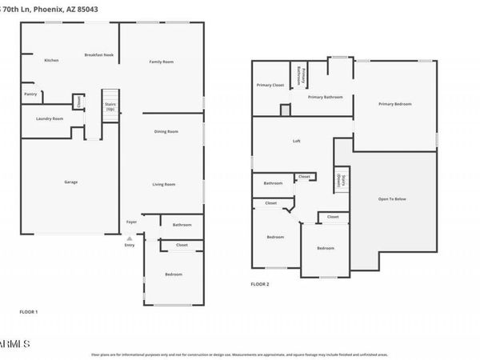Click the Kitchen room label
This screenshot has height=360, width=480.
(51, 61)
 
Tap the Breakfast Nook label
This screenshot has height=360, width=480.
(99, 55)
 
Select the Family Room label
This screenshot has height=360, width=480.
(162, 62)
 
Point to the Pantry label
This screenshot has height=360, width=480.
(30, 94)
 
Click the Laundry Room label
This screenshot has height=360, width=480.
(50, 118)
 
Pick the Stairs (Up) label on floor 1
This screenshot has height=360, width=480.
(110, 106)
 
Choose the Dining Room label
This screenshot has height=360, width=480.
(166, 131)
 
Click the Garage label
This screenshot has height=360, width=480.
(71, 182)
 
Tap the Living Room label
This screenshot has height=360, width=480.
(164, 184)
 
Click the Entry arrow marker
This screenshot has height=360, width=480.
(130, 238)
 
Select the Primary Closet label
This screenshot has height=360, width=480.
(270, 85)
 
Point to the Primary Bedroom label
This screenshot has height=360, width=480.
(395, 104)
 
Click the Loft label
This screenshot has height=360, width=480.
(296, 142)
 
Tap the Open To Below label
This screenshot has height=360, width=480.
(392, 199)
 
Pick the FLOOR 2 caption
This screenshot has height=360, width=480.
(260, 284)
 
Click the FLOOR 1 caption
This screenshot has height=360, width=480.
(29, 311)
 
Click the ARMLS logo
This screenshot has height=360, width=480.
(15, 343)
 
